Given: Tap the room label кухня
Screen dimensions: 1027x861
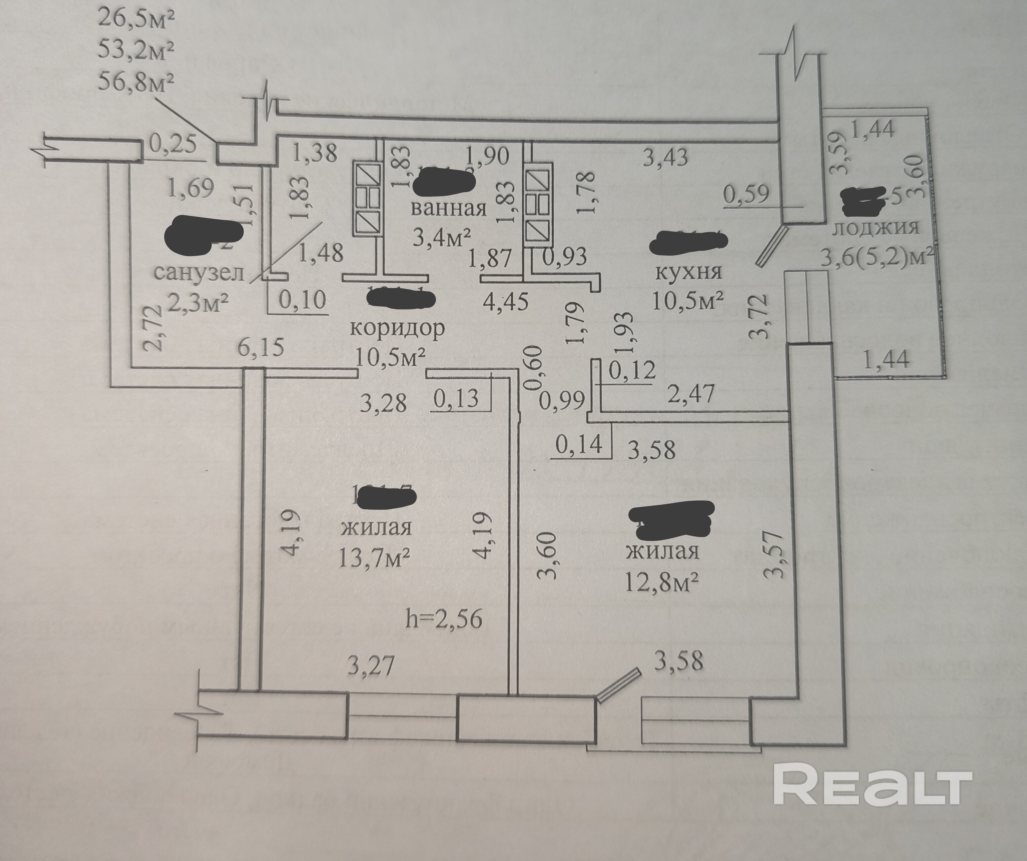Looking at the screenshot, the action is (x=688, y=272).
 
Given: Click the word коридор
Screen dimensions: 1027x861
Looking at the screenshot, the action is (x=397, y=328).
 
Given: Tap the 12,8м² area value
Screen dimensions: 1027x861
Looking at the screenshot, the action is (x=662, y=582).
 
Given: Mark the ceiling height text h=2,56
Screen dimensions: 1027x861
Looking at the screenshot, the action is (x=444, y=619).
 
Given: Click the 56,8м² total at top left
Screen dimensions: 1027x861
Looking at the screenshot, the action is (x=136, y=79).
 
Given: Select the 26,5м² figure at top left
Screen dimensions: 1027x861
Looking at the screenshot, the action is (x=136, y=21).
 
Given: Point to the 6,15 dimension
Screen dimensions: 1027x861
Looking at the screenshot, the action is (x=261, y=347).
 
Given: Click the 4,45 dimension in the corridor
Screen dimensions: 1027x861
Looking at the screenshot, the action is (x=505, y=302).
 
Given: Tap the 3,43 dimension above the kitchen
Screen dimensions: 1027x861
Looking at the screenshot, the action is (x=665, y=157).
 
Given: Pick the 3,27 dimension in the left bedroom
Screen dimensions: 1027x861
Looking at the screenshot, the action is (x=370, y=666).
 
